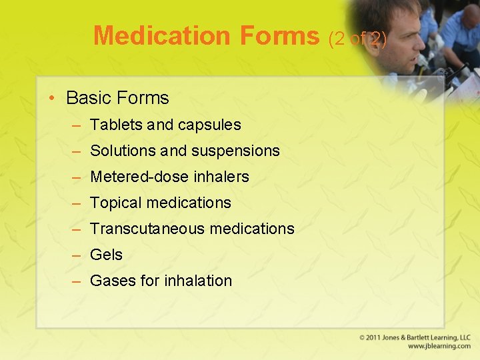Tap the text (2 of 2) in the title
(x=358, y=38)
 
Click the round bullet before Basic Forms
(x=52, y=99)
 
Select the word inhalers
(x=222, y=177)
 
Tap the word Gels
(x=106, y=255)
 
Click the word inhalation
(x=198, y=281)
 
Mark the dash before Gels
(x=77, y=255)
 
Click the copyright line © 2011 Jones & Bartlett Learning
(x=415, y=337)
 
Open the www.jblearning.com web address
(x=439, y=346)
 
